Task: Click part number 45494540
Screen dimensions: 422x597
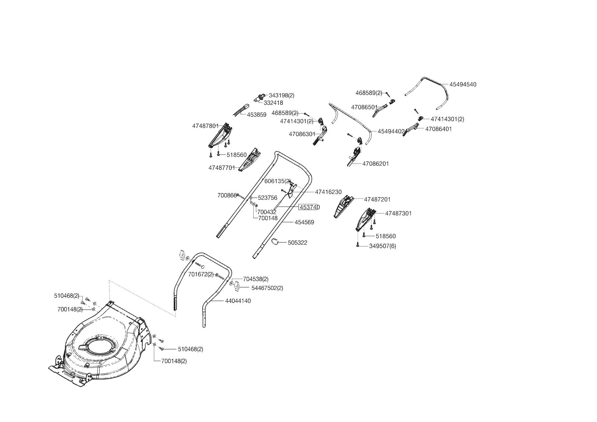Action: pos(463,84)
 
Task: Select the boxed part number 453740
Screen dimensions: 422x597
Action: pos(309,207)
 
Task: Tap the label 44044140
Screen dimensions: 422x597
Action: pos(238,301)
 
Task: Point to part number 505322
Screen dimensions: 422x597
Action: pos(297,243)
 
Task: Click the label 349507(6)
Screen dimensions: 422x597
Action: pos(383,246)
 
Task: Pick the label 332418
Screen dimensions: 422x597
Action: pos(273,103)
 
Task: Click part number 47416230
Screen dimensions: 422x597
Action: pos(328,192)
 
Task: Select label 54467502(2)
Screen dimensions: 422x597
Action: pos(267,288)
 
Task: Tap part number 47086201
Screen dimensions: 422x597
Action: pos(375,164)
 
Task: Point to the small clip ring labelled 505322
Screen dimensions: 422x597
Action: pos(275,242)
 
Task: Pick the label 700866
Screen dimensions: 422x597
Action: pos(227,196)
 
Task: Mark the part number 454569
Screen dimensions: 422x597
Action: pos(304,222)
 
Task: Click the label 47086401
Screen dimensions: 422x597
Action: pos(439,129)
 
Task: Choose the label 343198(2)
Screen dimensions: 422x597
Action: pos(281,95)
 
